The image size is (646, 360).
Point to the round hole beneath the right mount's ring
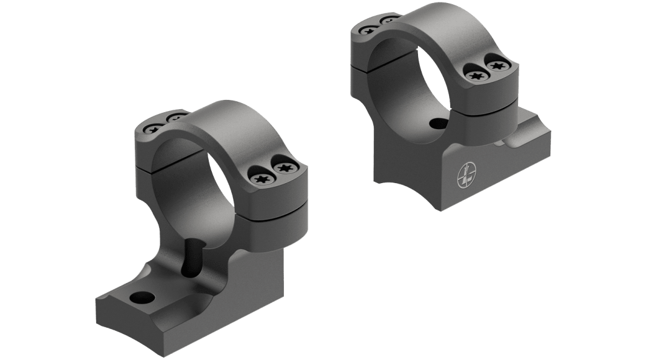tap(439, 123)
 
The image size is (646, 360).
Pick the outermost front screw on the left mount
tap(286, 168)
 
